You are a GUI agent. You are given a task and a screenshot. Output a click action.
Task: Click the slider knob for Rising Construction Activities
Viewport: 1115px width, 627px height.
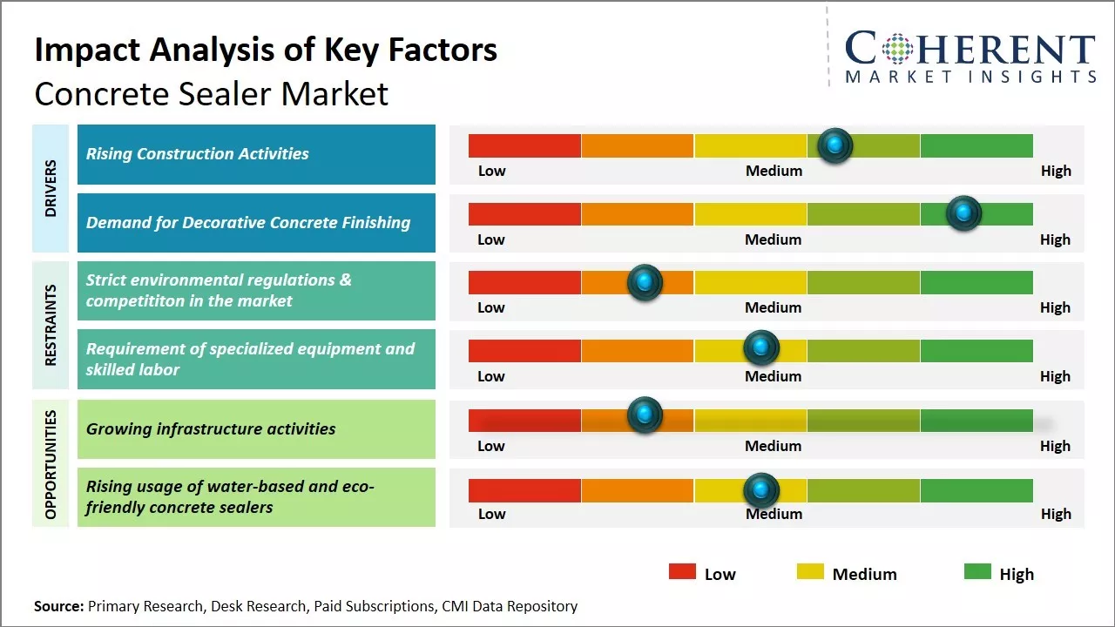(x=835, y=145)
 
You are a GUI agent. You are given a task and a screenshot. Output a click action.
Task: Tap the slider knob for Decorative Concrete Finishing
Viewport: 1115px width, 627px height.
(x=963, y=213)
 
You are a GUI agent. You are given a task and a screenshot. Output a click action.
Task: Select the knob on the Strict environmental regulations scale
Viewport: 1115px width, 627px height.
(x=645, y=282)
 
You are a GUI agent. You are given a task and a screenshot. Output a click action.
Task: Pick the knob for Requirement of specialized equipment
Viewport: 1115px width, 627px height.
(x=761, y=348)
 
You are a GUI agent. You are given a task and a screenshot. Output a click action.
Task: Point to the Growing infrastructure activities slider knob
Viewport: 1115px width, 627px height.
(x=645, y=415)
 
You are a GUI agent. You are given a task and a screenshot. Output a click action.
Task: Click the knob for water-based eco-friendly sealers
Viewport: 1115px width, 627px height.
(x=761, y=490)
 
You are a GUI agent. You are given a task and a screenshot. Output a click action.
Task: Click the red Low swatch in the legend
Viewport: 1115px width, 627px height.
(x=682, y=572)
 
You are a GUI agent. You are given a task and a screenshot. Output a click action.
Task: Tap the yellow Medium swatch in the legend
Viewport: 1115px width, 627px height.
(x=810, y=572)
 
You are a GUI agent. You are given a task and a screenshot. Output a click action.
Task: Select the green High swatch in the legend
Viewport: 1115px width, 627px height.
(x=977, y=572)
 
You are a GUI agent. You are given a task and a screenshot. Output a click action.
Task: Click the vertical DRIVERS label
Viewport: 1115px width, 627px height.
(x=51, y=188)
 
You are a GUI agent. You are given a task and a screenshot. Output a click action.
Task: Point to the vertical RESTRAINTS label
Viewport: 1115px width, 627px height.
(x=51, y=325)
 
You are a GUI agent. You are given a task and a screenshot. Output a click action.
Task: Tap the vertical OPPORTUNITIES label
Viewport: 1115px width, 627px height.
(x=51, y=464)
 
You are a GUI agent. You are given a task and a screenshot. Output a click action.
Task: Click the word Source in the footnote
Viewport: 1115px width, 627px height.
(x=58, y=606)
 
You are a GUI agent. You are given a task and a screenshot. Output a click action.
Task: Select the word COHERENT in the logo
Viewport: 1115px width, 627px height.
(x=970, y=50)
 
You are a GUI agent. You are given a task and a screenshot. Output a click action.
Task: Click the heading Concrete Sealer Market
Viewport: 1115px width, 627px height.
(x=211, y=94)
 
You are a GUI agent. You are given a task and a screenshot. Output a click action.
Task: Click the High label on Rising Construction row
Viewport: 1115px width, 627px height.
(x=1056, y=171)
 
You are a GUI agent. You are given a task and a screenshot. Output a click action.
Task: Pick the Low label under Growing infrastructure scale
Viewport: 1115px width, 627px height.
(x=491, y=446)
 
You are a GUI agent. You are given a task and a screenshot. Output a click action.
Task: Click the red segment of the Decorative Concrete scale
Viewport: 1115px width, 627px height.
(x=524, y=214)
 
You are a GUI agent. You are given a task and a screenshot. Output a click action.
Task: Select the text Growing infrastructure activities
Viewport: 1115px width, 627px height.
(x=211, y=428)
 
